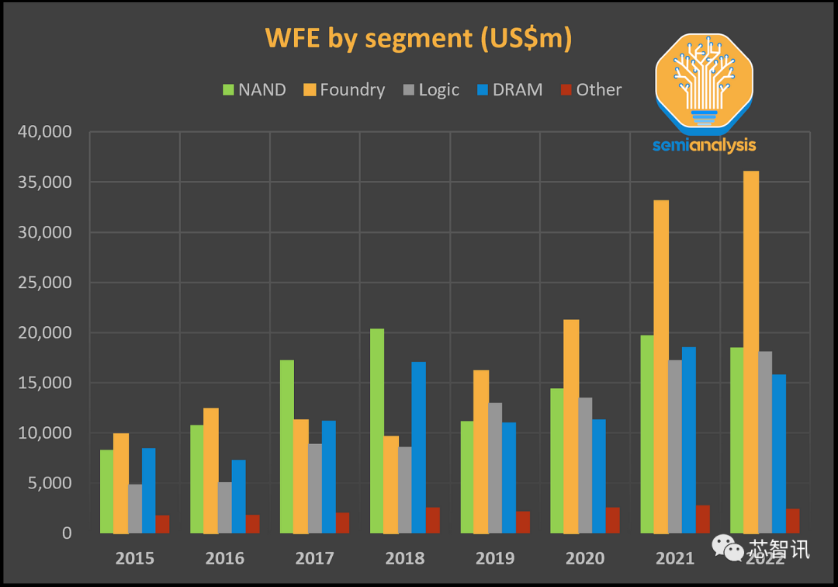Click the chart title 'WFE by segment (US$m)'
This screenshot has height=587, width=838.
coord(418,38)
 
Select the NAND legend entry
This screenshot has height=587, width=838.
coord(255,89)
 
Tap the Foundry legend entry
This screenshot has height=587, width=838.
coord(344,89)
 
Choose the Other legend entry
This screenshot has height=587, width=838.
coord(590,89)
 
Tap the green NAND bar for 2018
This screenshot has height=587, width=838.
coord(377,431)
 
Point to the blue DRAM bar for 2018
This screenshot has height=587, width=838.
coord(419,447)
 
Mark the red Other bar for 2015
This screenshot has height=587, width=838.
coord(162,524)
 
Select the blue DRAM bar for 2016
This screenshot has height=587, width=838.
coord(239,496)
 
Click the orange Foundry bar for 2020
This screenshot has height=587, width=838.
coord(571,426)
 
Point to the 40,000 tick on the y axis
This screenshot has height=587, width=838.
coord(44,132)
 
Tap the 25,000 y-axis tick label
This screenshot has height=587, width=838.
coord(44,283)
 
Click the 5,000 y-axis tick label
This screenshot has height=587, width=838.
coord(48,483)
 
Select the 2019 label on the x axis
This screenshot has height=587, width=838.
coord(495,558)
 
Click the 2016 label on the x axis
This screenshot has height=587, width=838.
coord(225,558)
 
